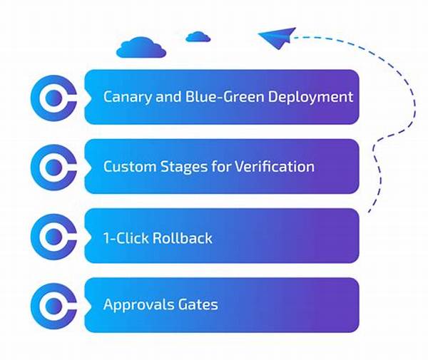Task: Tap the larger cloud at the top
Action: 141,48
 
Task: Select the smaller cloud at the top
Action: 197,36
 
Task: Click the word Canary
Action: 126,97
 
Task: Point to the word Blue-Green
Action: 219,96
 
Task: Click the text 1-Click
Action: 125,237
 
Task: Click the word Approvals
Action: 138,305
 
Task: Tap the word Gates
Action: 198,305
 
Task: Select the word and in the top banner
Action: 165,96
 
